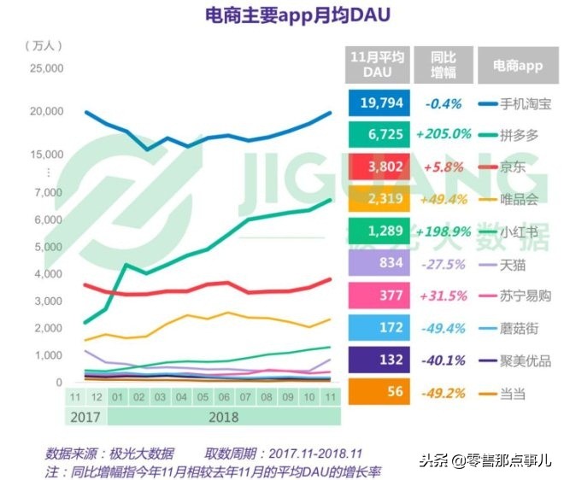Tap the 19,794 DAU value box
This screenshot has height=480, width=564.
tap(376, 103)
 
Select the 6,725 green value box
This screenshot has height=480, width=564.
tap(376, 134)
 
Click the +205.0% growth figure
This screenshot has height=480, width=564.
tap(444, 134)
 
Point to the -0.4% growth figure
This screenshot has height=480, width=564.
tap(444, 103)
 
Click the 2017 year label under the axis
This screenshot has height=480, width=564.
tap(85, 418)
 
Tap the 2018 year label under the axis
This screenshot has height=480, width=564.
tap(224, 418)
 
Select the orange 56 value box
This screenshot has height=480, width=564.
tap(376, 392)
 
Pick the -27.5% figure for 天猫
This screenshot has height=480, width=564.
tap(444, 263)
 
